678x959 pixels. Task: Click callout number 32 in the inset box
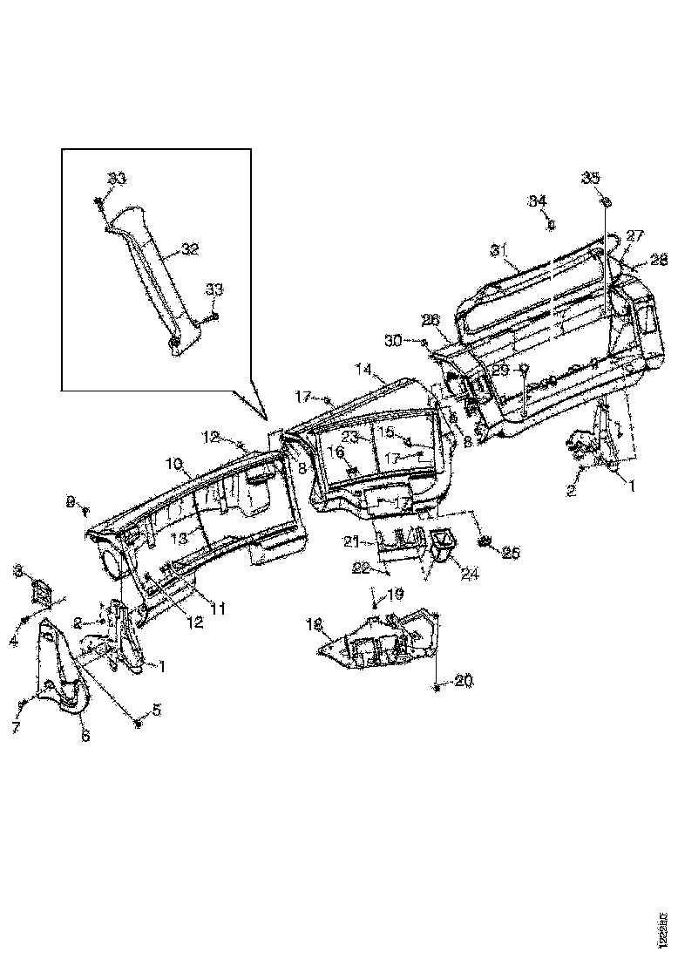(190, 248)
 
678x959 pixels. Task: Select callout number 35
(591, 178)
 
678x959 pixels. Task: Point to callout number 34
(538, 201)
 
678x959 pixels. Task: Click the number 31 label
(498, 250)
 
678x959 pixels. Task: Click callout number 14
(365, 370)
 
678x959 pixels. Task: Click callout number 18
(314, 624)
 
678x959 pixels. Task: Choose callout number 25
(511, 552)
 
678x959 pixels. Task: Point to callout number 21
(351, 541)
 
